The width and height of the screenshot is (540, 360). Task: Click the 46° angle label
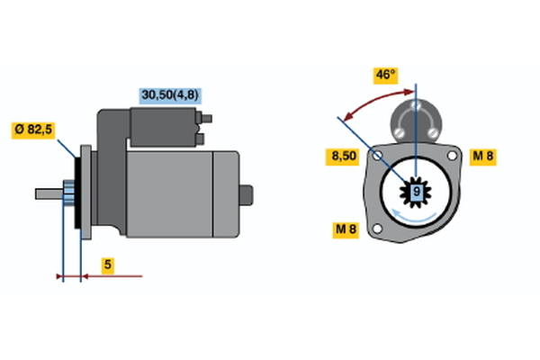click(x=386, y=76)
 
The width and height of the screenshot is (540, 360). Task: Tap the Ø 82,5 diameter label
click(x=33, y=130)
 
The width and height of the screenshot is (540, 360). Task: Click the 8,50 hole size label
click(x=343, y=157)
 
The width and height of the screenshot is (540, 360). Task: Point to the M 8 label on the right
click(x=482, y=157)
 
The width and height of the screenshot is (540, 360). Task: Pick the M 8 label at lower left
click(x=346, y=229)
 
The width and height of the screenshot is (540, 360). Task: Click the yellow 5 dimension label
click(x=108, y=265)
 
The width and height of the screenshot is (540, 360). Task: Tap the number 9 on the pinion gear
click(x=417, y=192)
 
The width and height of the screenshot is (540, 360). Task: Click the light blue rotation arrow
click(x=414, y=217)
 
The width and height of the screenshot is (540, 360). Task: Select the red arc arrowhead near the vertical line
click(x=409, y=92)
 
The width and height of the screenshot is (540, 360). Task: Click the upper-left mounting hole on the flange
click(x=378, y=156)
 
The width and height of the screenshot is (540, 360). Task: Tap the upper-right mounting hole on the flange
click(x=452, y=156)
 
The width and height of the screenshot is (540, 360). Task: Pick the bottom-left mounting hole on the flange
click(x=378, y=229)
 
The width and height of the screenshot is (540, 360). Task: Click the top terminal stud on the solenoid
click(x=206, y=119)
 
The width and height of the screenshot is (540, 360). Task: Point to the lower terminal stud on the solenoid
click(x=200, y=139)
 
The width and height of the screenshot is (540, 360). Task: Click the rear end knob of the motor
click(x=247, y=195)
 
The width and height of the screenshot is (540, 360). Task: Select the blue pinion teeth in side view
click(x=69, y=193)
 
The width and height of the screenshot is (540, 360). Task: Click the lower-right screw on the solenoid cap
click(x=432, y=132)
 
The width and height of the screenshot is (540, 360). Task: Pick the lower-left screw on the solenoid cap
click(x=399, y=132)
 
